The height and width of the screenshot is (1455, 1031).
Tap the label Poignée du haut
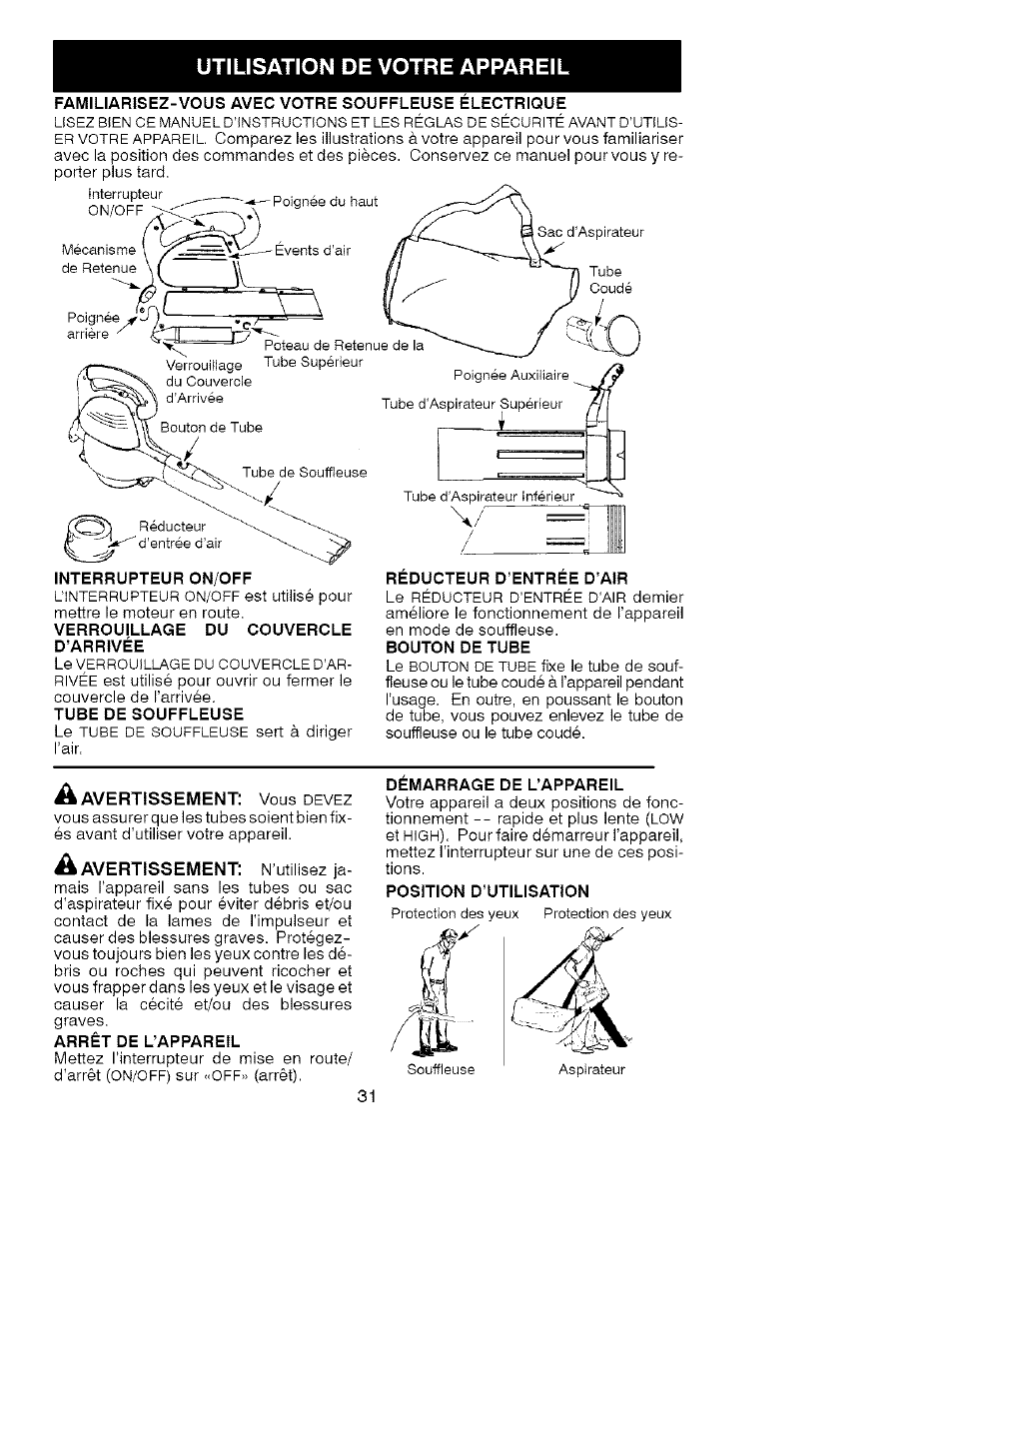click(x=325, y=202)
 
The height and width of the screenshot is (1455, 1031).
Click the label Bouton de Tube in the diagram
click(x=212, y=428)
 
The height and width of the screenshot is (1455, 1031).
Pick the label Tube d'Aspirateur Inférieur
click(x=489, y=497)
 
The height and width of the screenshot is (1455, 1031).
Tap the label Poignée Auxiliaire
click(x=511, y=376)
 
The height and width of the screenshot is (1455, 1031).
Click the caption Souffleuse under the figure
click(x=441, y=1069)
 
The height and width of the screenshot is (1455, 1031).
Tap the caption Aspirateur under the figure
click(x=591, y=1069)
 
